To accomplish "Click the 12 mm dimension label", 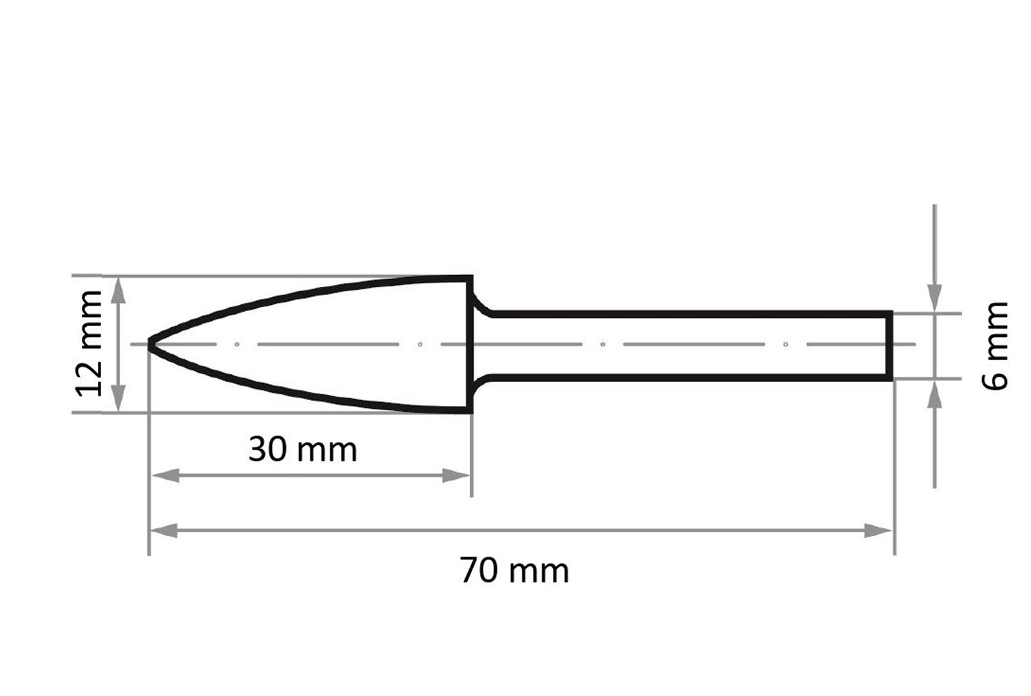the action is (x=89, y=343).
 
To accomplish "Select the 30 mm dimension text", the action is (x=303, y=450).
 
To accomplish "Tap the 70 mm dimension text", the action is (x=515, y=571).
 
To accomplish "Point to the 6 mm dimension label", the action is (x=995, y=345).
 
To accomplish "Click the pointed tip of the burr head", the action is (x=149, y=343).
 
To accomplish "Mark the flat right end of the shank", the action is (x=889, y=345).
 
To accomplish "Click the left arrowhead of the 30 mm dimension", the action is (x=165, y=476).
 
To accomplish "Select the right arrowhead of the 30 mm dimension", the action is (x=456, y=476).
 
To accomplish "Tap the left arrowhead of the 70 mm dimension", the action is (x=164, y=530).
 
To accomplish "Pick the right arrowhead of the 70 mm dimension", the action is (x=878, y=530).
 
